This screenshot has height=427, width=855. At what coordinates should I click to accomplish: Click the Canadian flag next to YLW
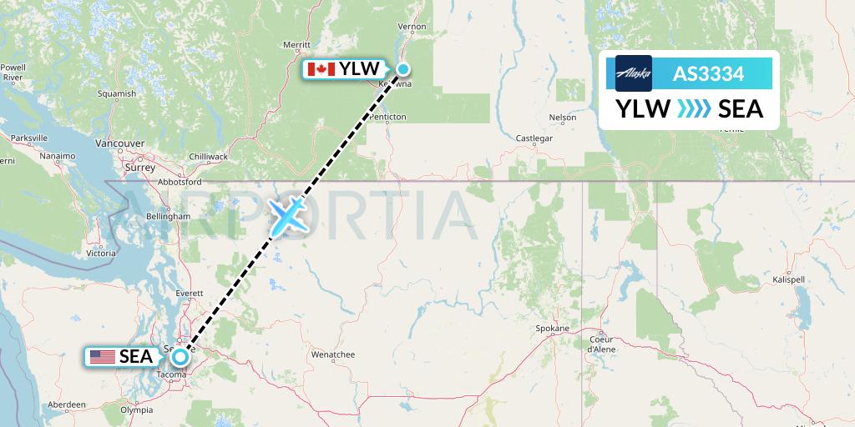point(321,69)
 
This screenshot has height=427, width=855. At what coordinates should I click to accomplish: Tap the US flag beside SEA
point(102,357)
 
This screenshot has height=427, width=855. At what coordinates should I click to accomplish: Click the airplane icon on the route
point(288,216)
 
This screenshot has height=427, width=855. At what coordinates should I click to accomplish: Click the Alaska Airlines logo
point(633,73)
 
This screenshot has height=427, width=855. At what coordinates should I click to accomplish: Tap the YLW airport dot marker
point(402,69)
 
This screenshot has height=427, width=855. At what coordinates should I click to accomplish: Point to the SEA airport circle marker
point(180,357)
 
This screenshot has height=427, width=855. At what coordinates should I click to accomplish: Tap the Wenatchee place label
point(333,354)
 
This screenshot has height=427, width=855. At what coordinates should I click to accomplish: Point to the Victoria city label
point(100,252)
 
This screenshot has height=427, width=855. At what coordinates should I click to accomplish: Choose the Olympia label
point(137,410)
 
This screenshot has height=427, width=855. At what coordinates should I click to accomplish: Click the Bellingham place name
point(168,216)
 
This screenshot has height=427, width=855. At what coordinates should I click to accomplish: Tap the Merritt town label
point(296,44)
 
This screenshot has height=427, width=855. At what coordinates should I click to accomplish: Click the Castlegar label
point(534,138)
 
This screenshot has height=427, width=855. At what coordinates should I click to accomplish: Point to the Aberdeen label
point(67,404)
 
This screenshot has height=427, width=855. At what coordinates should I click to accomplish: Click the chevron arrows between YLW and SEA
point(694,108)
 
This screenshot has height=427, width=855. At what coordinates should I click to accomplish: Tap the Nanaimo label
point(56,156)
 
